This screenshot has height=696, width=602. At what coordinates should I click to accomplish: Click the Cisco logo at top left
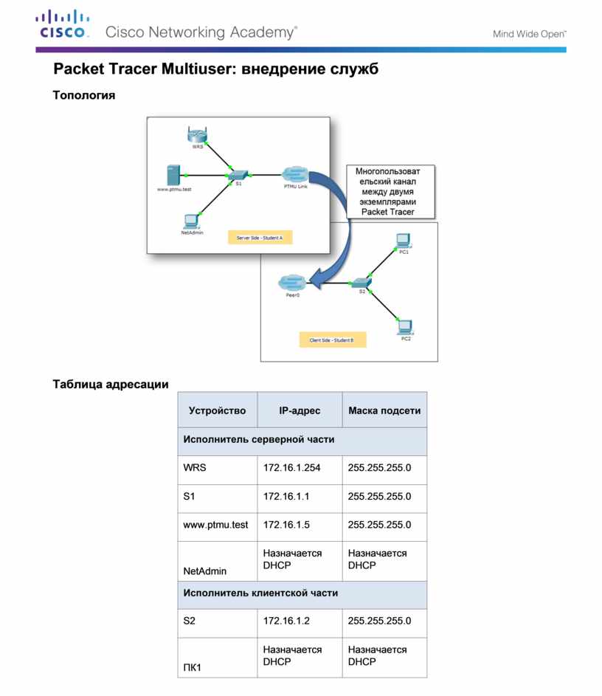63,24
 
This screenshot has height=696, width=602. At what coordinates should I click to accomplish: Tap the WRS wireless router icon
196,135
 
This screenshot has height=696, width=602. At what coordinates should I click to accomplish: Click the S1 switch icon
238,174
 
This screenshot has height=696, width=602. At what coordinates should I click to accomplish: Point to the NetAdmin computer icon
191,220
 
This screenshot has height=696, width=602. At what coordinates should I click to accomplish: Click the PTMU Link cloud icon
294,174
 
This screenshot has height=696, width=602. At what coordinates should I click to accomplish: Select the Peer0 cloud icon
292,283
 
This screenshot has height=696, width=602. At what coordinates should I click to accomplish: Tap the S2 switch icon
361,283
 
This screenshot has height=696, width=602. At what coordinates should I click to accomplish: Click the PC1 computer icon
403,240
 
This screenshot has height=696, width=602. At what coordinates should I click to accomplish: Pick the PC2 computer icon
404,326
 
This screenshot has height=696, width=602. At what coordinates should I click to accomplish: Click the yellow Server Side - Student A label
260,238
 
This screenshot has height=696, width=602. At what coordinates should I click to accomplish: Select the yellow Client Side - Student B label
332,340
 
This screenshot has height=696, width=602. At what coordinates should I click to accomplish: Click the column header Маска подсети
384,410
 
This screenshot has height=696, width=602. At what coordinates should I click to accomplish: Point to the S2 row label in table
190,622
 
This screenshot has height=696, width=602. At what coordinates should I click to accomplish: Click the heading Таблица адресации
111,384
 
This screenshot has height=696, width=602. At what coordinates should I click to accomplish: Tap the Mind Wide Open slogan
529,34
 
